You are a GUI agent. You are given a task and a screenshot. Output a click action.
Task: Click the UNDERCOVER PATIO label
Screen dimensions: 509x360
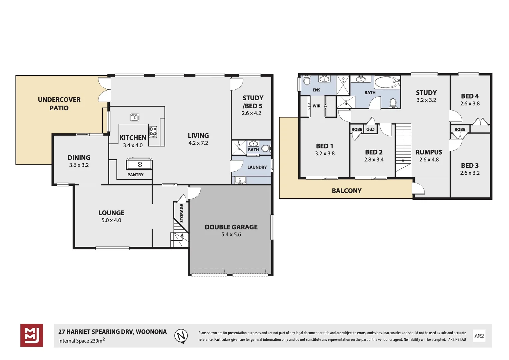click(x=59, y=104)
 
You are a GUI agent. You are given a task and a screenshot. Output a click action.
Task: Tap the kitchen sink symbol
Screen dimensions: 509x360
click(x=135, y=117)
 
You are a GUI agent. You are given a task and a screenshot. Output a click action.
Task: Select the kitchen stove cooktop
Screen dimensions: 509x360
click(x=153, y=132)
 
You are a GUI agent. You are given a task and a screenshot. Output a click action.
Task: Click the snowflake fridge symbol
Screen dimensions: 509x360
click(x=140, y=164)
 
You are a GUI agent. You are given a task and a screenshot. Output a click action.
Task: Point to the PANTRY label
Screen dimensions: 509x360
click(x=135, y=175)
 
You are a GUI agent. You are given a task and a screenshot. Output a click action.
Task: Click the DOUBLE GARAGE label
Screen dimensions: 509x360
click(x=231, y=227)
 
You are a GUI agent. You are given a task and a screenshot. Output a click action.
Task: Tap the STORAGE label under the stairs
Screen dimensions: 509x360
click(x=181, y=213)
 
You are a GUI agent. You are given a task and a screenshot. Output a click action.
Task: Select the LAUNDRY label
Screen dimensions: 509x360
click(x=257, y=167)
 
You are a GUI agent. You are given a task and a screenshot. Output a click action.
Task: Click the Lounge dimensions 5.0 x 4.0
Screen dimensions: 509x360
click(x=111, y=220)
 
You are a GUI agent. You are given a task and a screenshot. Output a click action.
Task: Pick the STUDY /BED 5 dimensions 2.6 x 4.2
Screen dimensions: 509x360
click(x=251, y=113)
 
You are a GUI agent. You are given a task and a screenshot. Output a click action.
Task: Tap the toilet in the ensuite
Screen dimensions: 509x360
click(x=306, y=80)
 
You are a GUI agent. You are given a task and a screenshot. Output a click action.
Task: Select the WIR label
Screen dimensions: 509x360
click(x=317, y=106)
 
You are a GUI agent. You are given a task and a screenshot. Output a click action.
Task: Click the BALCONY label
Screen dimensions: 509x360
click(x=347, y=191)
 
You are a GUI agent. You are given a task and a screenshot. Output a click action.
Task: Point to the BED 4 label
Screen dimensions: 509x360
click(x=470, y=96)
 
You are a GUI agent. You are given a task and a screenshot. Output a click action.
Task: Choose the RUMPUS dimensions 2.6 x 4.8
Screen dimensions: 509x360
click(x=429, y=160)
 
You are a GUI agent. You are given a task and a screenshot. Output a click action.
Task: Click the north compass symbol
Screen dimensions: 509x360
click(x=181, y=336)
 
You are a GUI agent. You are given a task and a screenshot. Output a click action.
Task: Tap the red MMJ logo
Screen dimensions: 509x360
click(x=32, y=335)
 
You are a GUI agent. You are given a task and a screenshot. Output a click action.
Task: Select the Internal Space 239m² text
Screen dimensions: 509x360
click(x=81, y=340)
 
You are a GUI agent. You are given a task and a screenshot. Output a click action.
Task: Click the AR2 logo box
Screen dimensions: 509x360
click(x=479, y=336)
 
